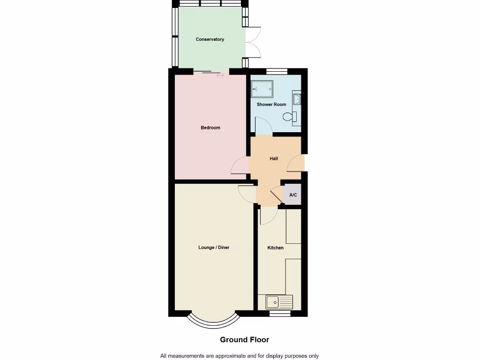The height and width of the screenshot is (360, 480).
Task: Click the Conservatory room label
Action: pyautogui.click(x=210, y=39)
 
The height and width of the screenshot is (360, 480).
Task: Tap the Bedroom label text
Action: pyautogui.click(x=210, y=127)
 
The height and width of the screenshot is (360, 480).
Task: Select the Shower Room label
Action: pyautogui.click(x=271, y=105)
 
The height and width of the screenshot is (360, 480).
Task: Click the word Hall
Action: pyautogui.click(x=274, y=158)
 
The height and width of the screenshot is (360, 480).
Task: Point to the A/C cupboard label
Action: pyautogui.click(x=293, y=195)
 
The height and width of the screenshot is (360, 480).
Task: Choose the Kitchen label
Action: pyautogui.click(x=275, y=247)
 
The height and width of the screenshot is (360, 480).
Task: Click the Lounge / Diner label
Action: pyautogui.click(x=214, y=247)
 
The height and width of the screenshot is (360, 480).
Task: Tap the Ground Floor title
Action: pyautogui.click(x=244, y=339)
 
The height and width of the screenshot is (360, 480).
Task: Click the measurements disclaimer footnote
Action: pyautogui.click(x=240, y=356)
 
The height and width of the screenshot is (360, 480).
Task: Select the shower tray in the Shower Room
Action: pyautogui.click(x=262, y=89)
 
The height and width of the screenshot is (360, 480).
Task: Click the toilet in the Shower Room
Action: pyautogui.click(x=295, y=118)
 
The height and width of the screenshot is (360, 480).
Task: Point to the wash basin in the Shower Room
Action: pyautogui.click(x=297, y=99)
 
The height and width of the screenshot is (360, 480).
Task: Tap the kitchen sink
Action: pyautogui.click(x=279, y=302)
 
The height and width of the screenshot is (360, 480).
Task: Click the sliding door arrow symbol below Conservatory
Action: pyautogui.click(x=220, y=75)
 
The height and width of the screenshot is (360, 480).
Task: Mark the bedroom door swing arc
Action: pyautogui.click(x=240, y=165)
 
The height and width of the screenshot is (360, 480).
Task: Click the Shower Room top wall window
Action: pyautogui.click(x=277, y=71)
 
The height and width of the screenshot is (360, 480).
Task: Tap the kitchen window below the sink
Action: pyautogui.click(x=279, y=313)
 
